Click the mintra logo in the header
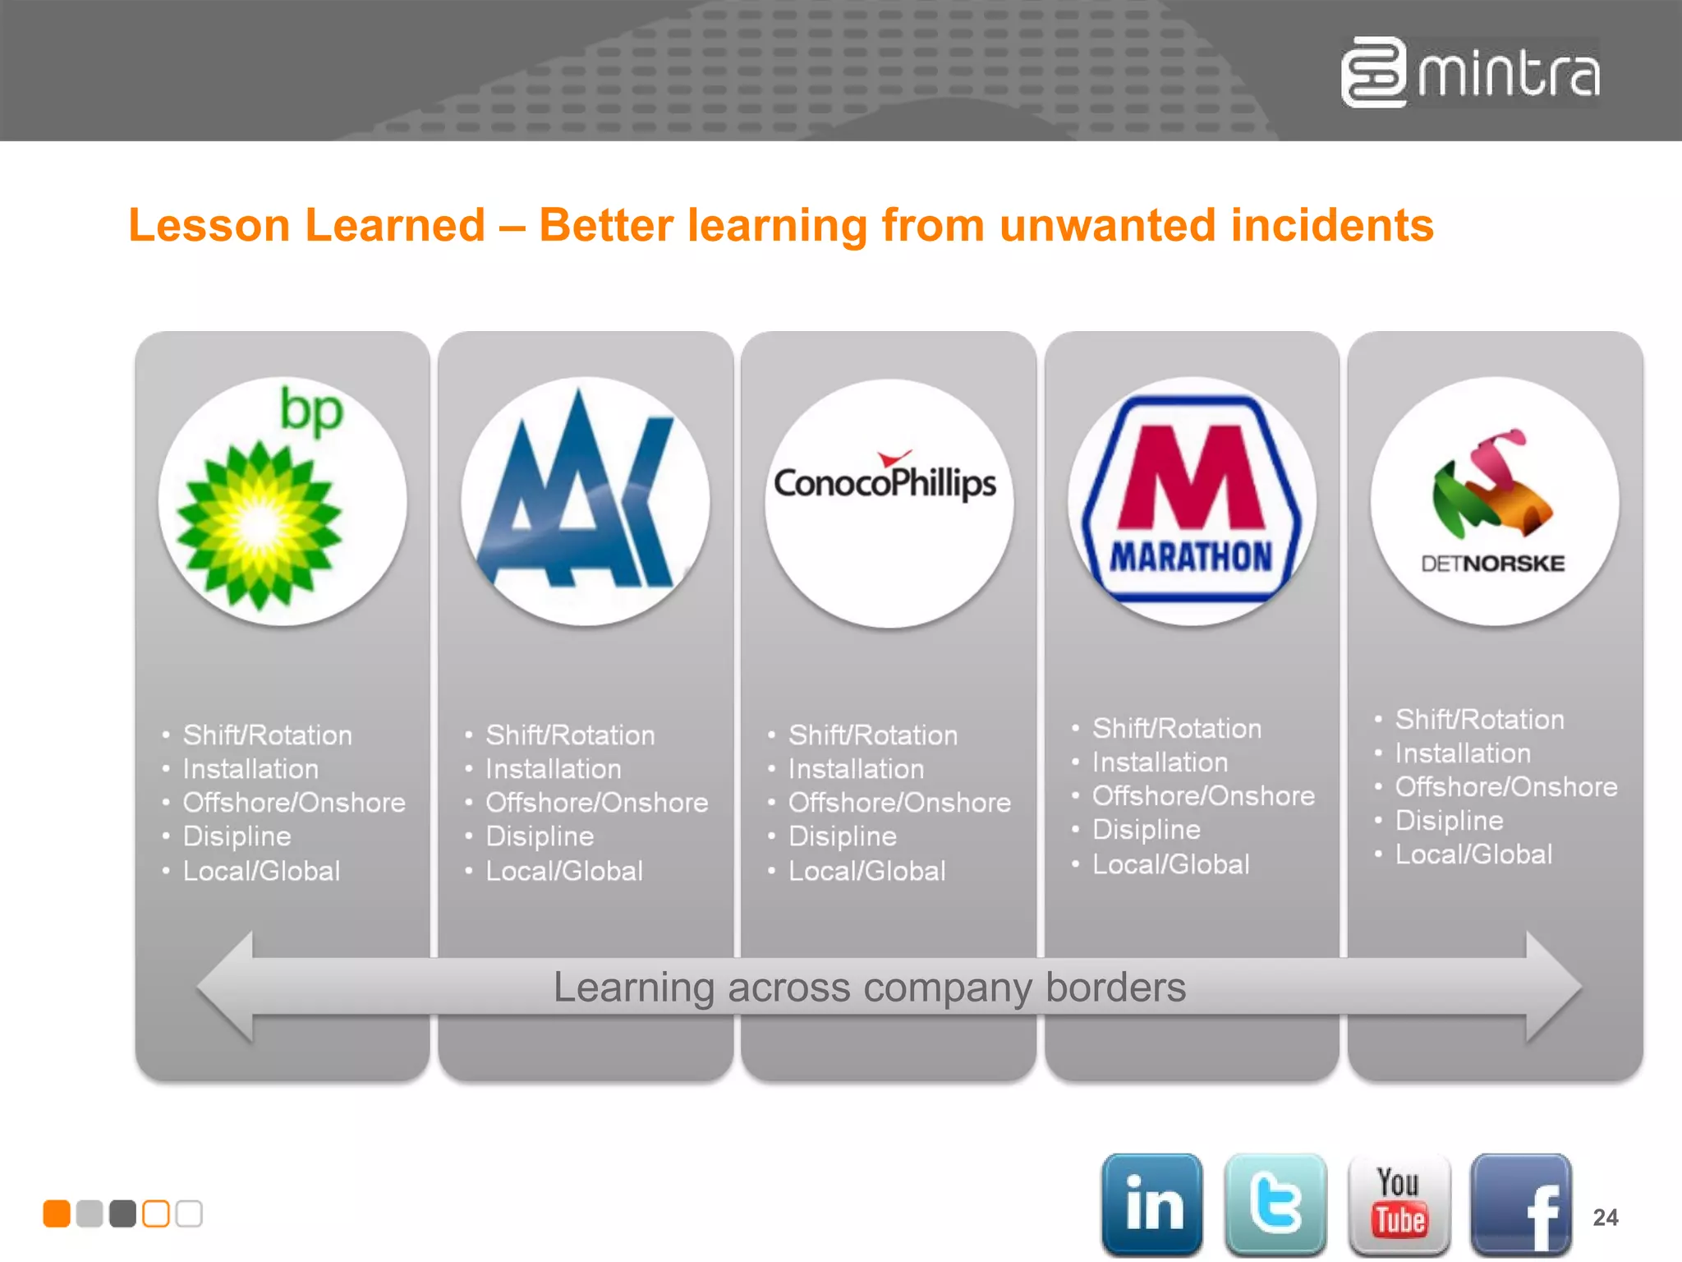pos(1470,72)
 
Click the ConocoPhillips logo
pos(885,482)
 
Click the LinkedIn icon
pos(1152,1204)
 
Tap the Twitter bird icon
pos(1275,1204)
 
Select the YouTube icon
pos(1399,1204)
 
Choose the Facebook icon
pos(1520,1204)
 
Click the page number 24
pos(1606,1217)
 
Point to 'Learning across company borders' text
pos(869,987)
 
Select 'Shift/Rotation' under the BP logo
pos(267,735)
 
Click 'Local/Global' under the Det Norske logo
pos(1473,854)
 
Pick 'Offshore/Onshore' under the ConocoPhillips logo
pos(899,803)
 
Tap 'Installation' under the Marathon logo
pos(1160,762)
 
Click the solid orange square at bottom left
pos(57,1214)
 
